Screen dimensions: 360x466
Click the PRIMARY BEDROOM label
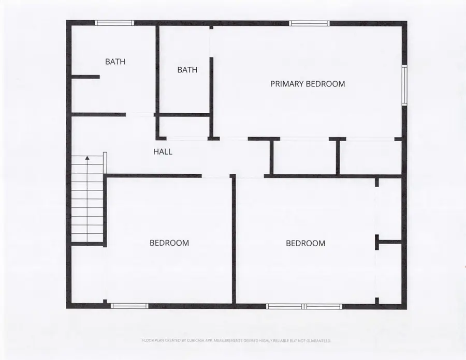[308, 84]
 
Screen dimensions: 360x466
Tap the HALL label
[163, 152]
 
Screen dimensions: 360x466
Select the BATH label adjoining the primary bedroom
[187, 70]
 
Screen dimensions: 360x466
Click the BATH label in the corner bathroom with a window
[115, 62]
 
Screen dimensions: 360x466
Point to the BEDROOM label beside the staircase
[169, 243]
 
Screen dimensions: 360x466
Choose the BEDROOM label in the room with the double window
[305, 243]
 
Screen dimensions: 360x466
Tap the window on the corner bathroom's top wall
[114, 23]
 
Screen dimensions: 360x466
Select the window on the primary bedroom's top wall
[309, 23]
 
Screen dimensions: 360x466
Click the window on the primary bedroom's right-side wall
[404, 85]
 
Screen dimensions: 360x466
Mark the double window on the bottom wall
[304, 306]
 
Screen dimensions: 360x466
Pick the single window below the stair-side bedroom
[129, 306]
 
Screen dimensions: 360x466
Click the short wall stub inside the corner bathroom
[85, 77]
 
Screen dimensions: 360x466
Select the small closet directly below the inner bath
[184, 127]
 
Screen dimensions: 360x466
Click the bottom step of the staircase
[88, 237]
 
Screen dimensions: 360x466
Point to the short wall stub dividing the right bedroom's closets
[388, 241]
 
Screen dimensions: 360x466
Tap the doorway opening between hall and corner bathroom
[140, 114]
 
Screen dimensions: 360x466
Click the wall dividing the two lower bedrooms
[234, 241]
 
